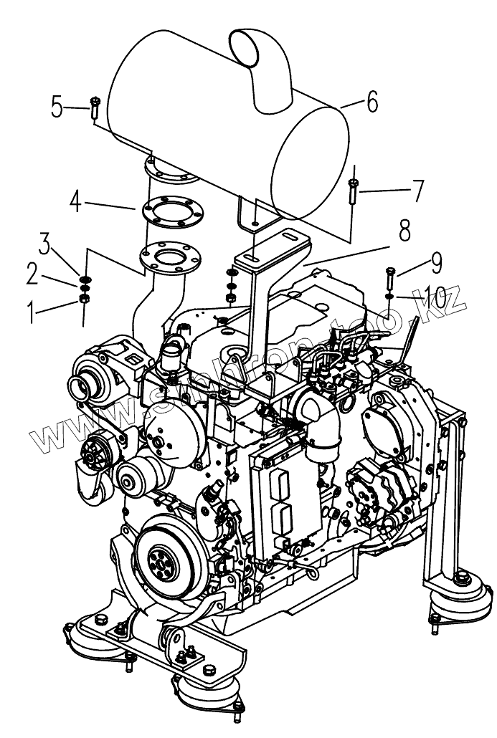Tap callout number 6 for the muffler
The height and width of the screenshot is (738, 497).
(x=371, y=102)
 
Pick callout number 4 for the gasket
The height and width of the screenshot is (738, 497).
(x=76, y=201)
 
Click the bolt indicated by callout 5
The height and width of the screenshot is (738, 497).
(x=94, y=111)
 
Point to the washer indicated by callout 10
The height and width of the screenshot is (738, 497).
(x=388, y=295)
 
